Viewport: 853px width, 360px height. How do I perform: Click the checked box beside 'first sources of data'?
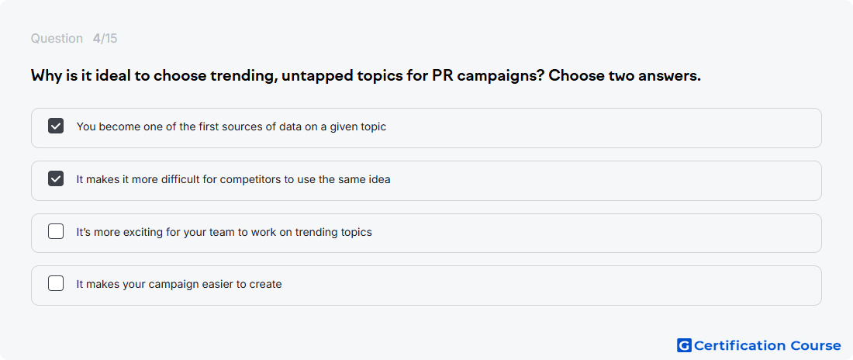coord(56,126)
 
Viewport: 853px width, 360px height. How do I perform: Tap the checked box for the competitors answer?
coord(56,178)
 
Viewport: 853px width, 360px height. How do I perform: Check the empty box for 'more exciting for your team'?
coord(56,231)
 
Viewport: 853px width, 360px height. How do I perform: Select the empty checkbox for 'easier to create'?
coord(56,284)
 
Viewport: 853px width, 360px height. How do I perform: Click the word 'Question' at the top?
coord(57,39)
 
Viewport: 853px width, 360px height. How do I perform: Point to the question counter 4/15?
coord(105,39)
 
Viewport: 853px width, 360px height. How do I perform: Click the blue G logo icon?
coord(684,345)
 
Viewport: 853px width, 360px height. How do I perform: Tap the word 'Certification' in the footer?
coord(740,345)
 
